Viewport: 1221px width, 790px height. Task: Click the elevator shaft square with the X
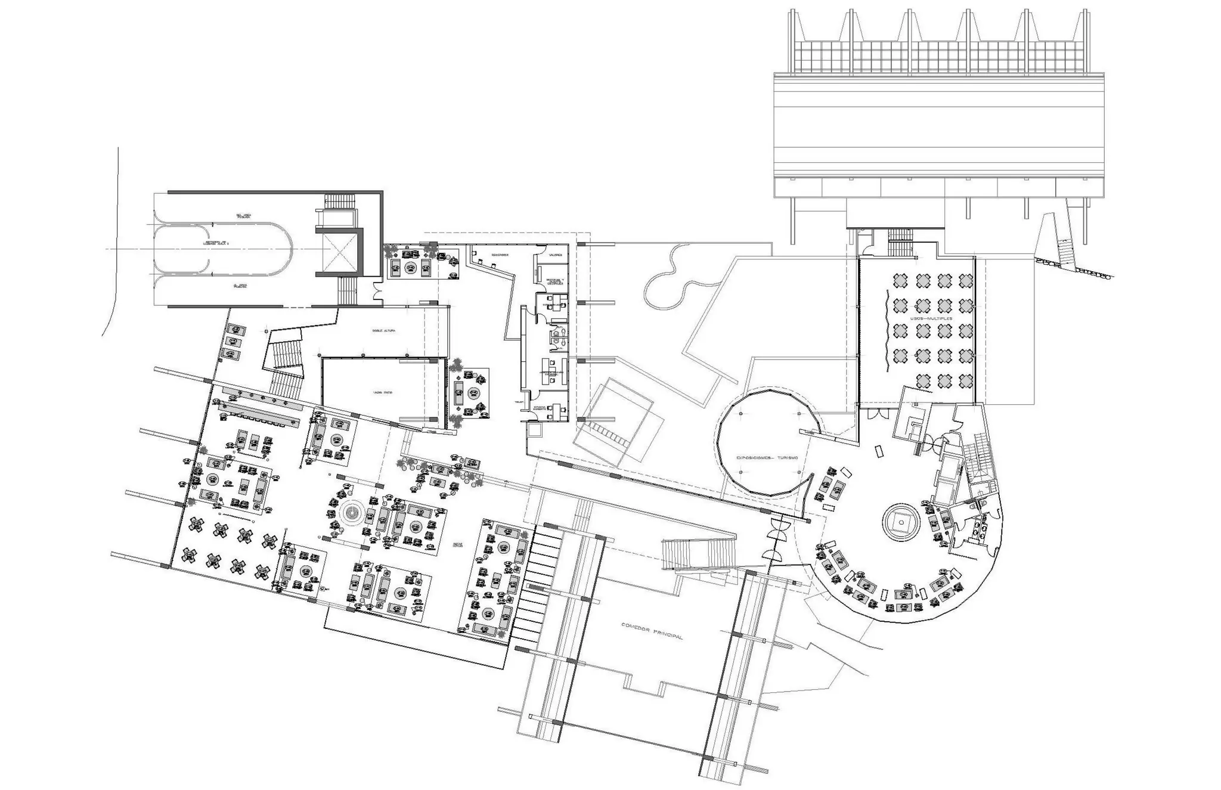[339, 251]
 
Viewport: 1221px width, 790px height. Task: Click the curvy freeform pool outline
[680, 279]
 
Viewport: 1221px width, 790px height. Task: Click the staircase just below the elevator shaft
[346, 290]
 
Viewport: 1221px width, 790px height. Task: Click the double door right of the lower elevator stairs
[378, 292]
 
